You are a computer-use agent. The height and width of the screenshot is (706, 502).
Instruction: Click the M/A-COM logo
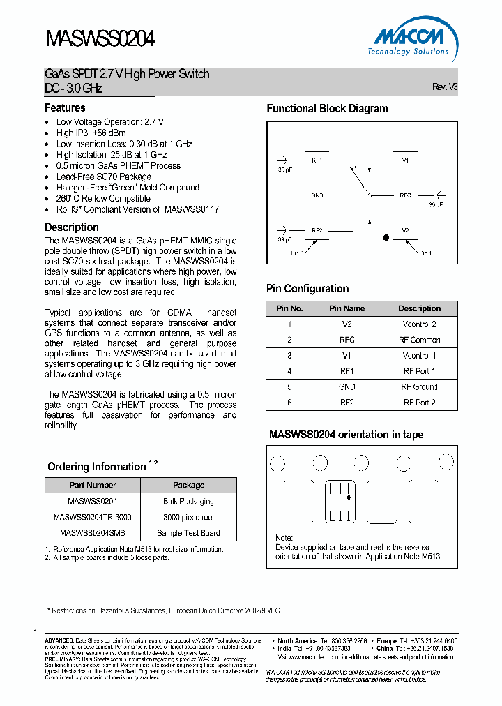pyautogui.click(x=411, y=38)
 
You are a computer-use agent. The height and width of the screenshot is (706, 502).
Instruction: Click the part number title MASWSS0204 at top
pyautogui.click(x=100, y=38)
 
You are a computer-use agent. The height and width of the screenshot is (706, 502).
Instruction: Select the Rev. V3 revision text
pyautogui.click(x=445, y=87)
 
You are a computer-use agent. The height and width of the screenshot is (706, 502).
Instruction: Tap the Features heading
pyautogui.click(x=65, y=108)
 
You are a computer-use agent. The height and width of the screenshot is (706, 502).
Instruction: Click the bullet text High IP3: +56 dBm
pyautogui.click(x=91, y=133)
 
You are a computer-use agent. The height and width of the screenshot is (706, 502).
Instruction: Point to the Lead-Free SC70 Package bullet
pyautogui.click(x=104, y=176)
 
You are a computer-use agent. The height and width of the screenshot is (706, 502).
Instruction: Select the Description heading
pyautogui.click(x=72, y=227)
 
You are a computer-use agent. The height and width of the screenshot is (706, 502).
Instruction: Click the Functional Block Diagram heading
pyautogui.click(x=327, y=109)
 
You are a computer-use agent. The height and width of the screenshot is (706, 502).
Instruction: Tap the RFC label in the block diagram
pyautogui.click(x=405, y=195)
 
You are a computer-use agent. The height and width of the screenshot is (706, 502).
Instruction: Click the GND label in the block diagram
pyautogui.click(x=317, y=195)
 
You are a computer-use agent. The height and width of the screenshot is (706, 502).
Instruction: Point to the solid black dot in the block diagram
pyautogui.click(x=385, y=238)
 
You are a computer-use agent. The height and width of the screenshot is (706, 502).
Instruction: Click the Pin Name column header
pyautogui.click(x=347, y=308)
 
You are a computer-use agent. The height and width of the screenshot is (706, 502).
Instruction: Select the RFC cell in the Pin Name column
pyautogui.click(x=347, y=340)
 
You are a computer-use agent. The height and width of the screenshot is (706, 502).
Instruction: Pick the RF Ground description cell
pyautogui.click(x=419, y=386)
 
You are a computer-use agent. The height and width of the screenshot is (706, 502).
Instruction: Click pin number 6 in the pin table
pyautogui.click(x=289, y=403)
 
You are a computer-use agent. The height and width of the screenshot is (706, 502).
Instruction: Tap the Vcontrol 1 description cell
pyautogui.click(x=419, y=356)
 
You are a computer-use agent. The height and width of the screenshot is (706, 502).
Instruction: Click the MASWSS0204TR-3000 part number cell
pyautogui.click(x=92, y=517)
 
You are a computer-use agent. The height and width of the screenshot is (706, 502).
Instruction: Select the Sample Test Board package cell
pyautogui.click(x=188, y=533)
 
